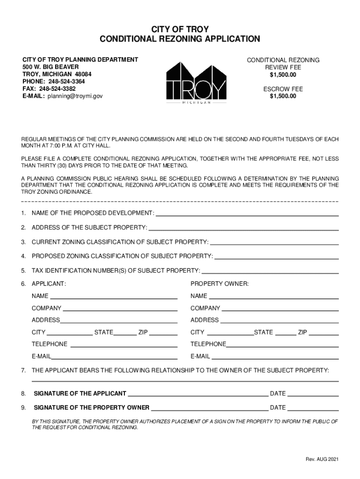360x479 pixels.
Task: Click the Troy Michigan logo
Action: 196,82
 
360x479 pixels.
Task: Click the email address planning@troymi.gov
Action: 74,96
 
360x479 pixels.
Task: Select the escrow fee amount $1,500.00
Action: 283,96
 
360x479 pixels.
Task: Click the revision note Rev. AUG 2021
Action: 319,459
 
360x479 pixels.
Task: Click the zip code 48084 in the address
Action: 83,74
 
